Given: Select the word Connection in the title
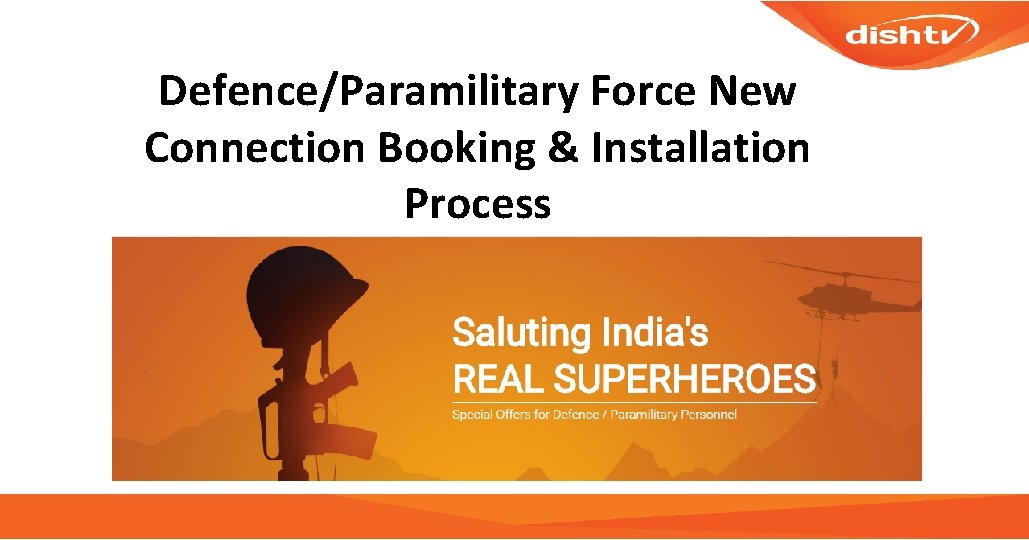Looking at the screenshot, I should click(254, 149).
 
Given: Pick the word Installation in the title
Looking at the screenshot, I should click(700, 149).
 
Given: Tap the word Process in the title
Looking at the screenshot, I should click(477, 204).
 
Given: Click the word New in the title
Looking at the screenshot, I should click(751, 93).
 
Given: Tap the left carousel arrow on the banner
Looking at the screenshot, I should click(151, 375).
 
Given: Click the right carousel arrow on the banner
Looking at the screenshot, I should click(882, 375).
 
